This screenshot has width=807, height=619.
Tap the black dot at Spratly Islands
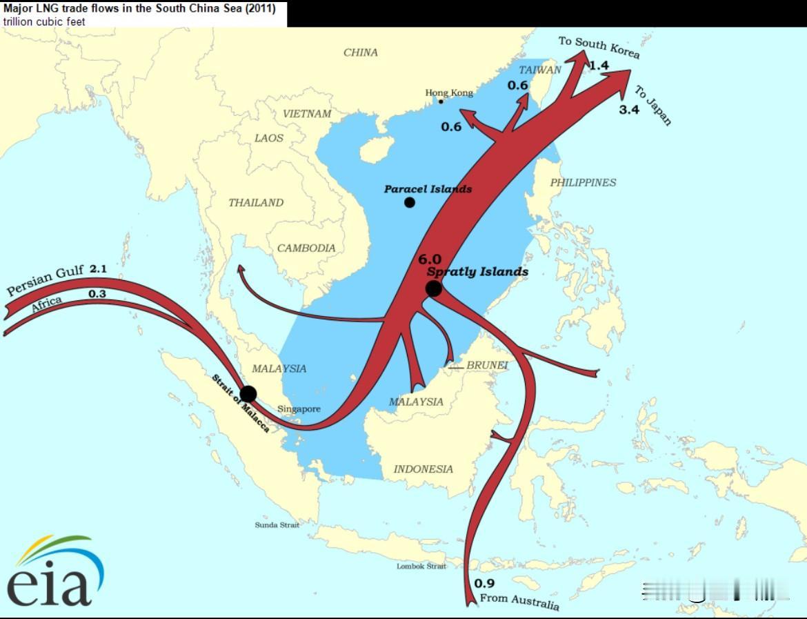(433, 288)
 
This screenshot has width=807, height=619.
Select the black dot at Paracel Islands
(410, 202)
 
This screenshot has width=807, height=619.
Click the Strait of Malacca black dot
(248, 394)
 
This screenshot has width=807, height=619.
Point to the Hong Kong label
(449, 93)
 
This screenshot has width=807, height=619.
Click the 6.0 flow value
(429, 259)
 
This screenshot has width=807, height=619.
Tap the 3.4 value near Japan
(629, 109)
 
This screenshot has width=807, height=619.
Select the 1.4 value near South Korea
(599, 66)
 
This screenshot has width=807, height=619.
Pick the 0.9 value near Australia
(484, 583)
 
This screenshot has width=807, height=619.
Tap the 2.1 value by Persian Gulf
(98, 268)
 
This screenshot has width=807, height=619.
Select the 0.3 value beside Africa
(97, 294)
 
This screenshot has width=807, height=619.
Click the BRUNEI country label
(487, 365)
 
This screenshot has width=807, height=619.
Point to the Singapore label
(299, 409)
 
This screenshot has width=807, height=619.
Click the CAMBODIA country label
(306, 248)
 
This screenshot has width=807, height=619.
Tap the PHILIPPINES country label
(583, 183)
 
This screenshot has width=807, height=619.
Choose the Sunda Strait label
(277, 525)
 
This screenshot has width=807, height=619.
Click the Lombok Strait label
(421, 567)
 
